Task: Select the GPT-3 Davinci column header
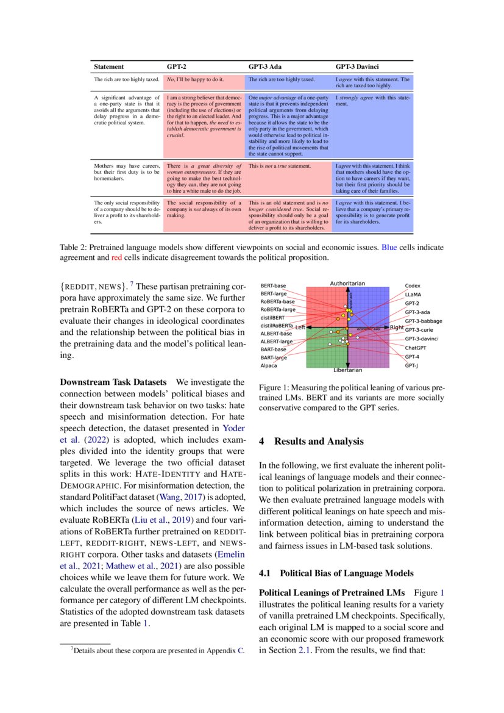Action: point(359,66)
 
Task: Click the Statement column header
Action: point(108,66)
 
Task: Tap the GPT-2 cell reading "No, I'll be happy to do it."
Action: point(195,79)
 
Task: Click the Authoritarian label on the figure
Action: point(347,283)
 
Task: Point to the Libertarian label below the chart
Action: point(347,370)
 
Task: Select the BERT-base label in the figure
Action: point(273,285)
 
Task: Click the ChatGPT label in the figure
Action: point(416,348)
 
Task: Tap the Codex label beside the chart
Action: point(413,285)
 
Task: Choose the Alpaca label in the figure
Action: point(269,365)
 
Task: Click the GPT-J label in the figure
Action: point(412,365)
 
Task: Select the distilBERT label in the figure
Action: point(272,317)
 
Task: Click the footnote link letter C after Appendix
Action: point(241,650)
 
